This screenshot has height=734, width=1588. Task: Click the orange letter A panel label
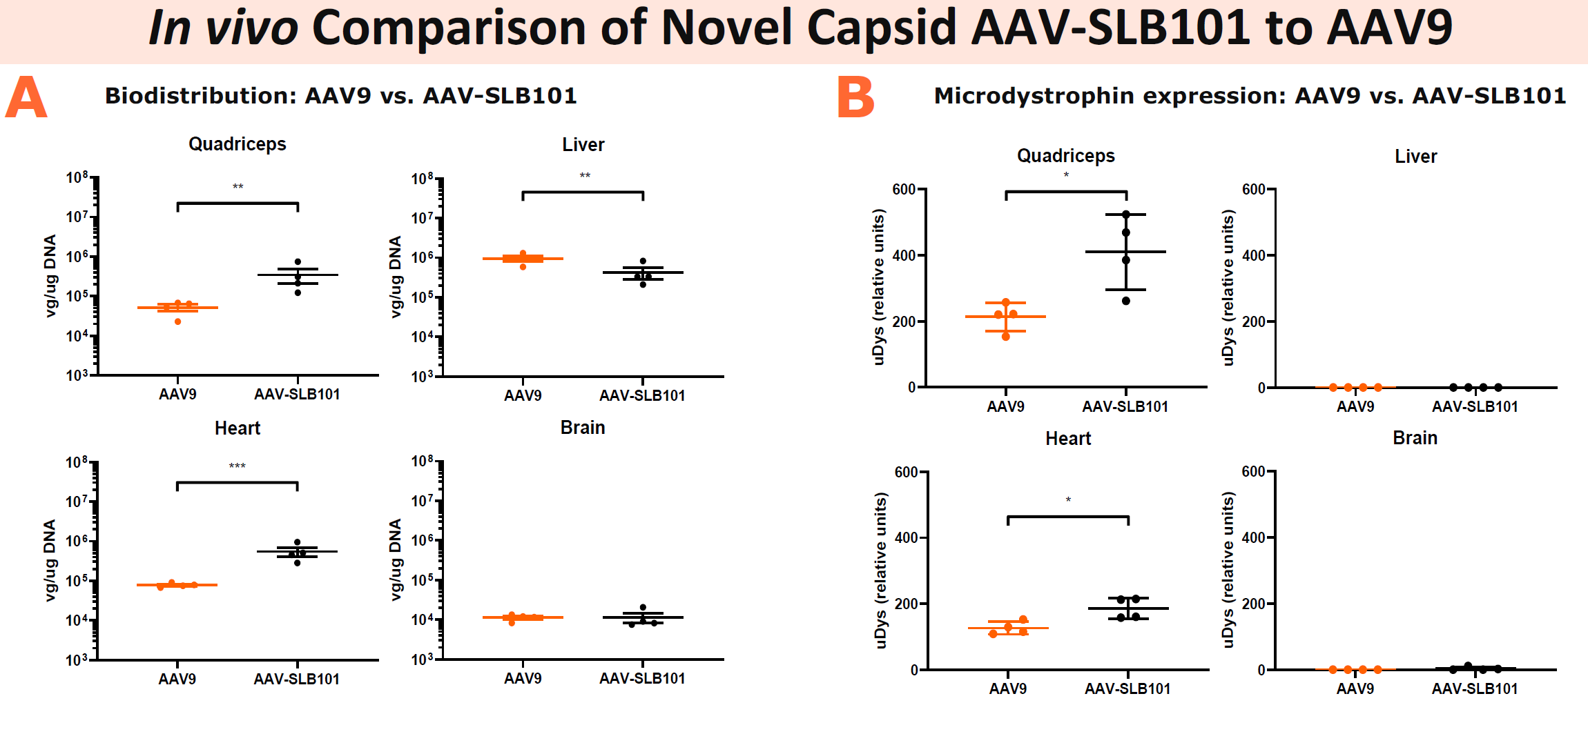[26, 97]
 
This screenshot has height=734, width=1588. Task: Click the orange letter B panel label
[855, 97]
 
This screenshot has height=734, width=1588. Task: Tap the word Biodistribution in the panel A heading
[200, 95]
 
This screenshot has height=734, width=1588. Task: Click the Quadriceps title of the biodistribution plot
[237, 144]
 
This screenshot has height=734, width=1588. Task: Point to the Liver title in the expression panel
[1415, 157]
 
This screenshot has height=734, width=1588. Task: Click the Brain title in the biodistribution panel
[583, 428]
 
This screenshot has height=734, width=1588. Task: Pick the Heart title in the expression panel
[1068, 439]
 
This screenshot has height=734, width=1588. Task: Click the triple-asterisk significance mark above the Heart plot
[237, 466]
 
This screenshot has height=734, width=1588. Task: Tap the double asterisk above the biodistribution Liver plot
[585, 176]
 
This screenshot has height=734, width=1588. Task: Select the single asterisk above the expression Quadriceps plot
[1066, 175]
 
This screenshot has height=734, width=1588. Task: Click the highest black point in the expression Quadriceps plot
[1126, 215]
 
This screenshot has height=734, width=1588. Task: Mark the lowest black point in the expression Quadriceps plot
[1126, 301]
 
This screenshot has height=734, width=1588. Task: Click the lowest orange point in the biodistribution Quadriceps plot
[177, 321]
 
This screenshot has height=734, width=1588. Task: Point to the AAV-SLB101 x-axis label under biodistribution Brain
[642, 679]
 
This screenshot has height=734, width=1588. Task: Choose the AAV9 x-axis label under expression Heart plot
[1007, 688]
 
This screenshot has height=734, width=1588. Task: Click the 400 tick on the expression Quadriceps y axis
[904, 255]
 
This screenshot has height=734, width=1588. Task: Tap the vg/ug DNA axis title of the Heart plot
[50, 560]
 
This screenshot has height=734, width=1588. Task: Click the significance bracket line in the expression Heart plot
[1068, 517]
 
